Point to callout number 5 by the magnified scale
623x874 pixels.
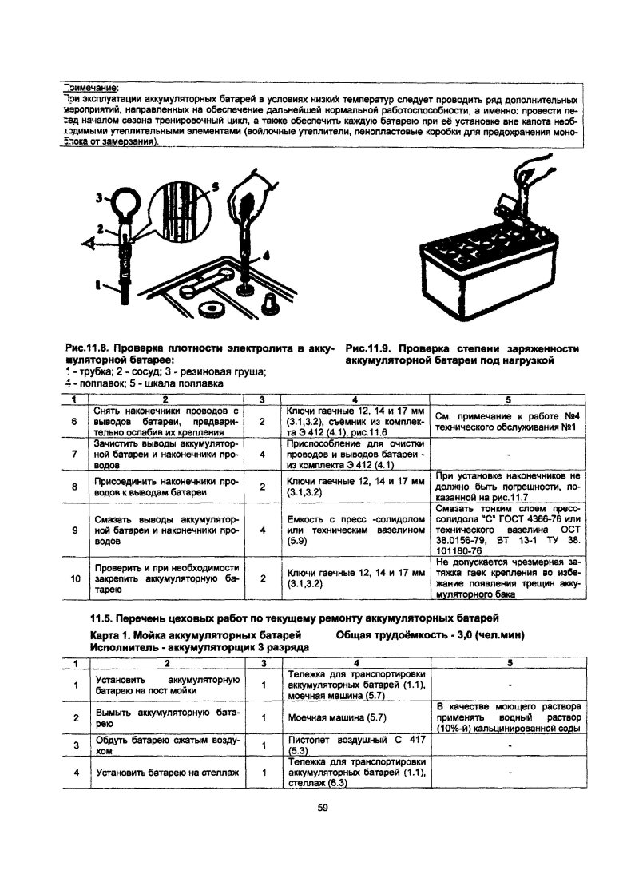click(x=215, y=188)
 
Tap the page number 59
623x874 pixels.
click(x=323, y=808)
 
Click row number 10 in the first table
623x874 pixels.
click(x=73, y=578)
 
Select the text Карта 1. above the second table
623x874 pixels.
click(x=113, y=634)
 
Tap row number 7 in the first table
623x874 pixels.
click(x=73, y=453)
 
